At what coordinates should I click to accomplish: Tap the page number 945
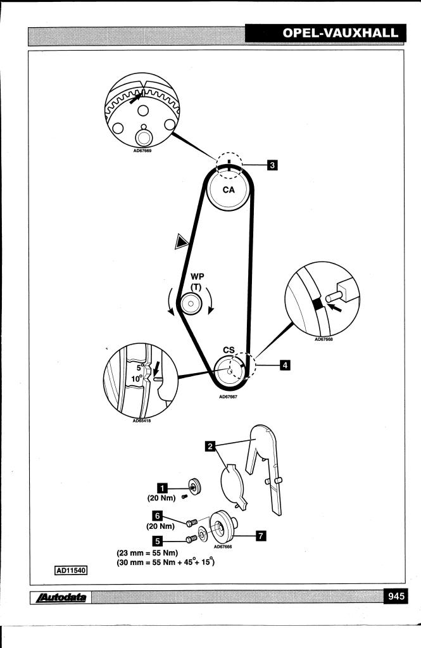[398, 596]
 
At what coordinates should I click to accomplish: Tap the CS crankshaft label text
[229, 350]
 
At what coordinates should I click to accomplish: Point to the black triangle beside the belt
[183, 241]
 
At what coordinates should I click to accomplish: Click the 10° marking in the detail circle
[135, 379]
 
